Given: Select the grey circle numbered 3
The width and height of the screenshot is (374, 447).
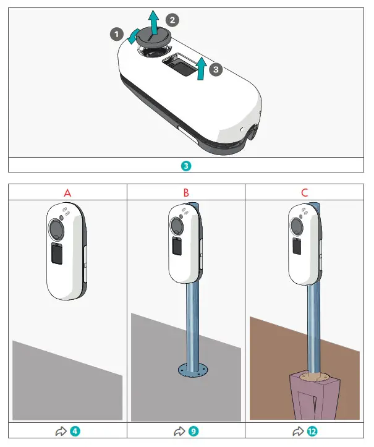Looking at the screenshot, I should click(215, 70).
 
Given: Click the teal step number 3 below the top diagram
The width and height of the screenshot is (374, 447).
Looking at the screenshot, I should click(187, 166).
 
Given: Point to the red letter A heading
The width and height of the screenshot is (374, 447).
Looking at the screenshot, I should click(67, 193).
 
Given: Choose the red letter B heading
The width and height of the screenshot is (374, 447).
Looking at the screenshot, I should click(186, 193).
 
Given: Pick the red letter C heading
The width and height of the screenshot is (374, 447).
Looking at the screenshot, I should click(304, 193).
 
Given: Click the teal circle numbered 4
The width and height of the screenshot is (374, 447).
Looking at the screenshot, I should click(74, 431).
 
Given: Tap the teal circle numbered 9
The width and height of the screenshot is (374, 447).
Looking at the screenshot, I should click(193, 431).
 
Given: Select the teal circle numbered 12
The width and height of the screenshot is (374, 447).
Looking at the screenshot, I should click(313, 431).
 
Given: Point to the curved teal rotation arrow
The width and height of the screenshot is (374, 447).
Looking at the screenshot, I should click(132, 37).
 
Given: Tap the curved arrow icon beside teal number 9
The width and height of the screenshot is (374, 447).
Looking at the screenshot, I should click(180, 431).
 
